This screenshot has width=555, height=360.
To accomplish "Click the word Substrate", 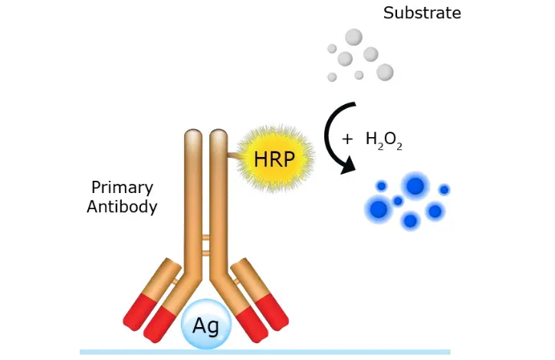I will [x=422, y=13].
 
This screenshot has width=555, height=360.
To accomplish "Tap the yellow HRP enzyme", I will [x=274, y=160].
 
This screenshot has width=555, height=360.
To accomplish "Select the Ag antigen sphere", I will [x=205, y=326].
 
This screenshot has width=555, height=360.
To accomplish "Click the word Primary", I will [x=122, y=188].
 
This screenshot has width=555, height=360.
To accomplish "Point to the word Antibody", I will [x=122, y=206].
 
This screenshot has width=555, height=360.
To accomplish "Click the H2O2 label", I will [x=383, y=141].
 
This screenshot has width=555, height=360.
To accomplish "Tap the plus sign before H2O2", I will [x=347, y=139].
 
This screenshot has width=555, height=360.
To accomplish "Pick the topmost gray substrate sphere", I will [x=353, y=37].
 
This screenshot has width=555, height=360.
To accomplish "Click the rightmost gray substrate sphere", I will [x=385, y=72].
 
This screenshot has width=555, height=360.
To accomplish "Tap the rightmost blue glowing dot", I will [x=444, y=189].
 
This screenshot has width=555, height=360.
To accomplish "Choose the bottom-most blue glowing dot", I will [x=410, y=221].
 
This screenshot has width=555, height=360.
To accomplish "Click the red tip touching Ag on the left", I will [x=162, y=322].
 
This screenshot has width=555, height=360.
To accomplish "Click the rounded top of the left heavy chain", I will [x=192, y=138].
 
